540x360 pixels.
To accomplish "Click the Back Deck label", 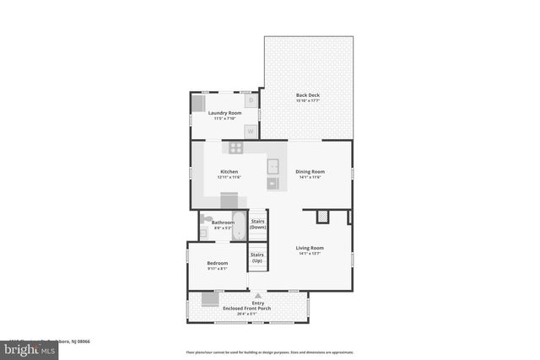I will coord(307,94).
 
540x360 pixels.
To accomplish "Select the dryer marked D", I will coord(251,101).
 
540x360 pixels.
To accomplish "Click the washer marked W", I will coord(251,131).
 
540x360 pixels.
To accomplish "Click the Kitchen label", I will coord(229,172).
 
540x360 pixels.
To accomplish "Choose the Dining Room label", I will coord(310,172).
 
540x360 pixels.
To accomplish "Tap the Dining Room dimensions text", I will coord(310,178).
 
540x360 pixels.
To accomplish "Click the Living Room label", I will coord(310,248).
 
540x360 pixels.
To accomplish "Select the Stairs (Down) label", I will coord(258,224).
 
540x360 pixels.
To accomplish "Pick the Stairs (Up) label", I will coord(257,257).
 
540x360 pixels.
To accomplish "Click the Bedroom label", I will coord(218,264).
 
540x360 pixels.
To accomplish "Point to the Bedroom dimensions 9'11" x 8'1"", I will coord(218,270).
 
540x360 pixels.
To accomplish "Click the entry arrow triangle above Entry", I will coord(258,296).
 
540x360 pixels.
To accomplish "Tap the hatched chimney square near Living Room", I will coord(322,218).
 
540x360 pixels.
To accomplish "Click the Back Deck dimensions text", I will coord(307,100).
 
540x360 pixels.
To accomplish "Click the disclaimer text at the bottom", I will coord(269,352).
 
